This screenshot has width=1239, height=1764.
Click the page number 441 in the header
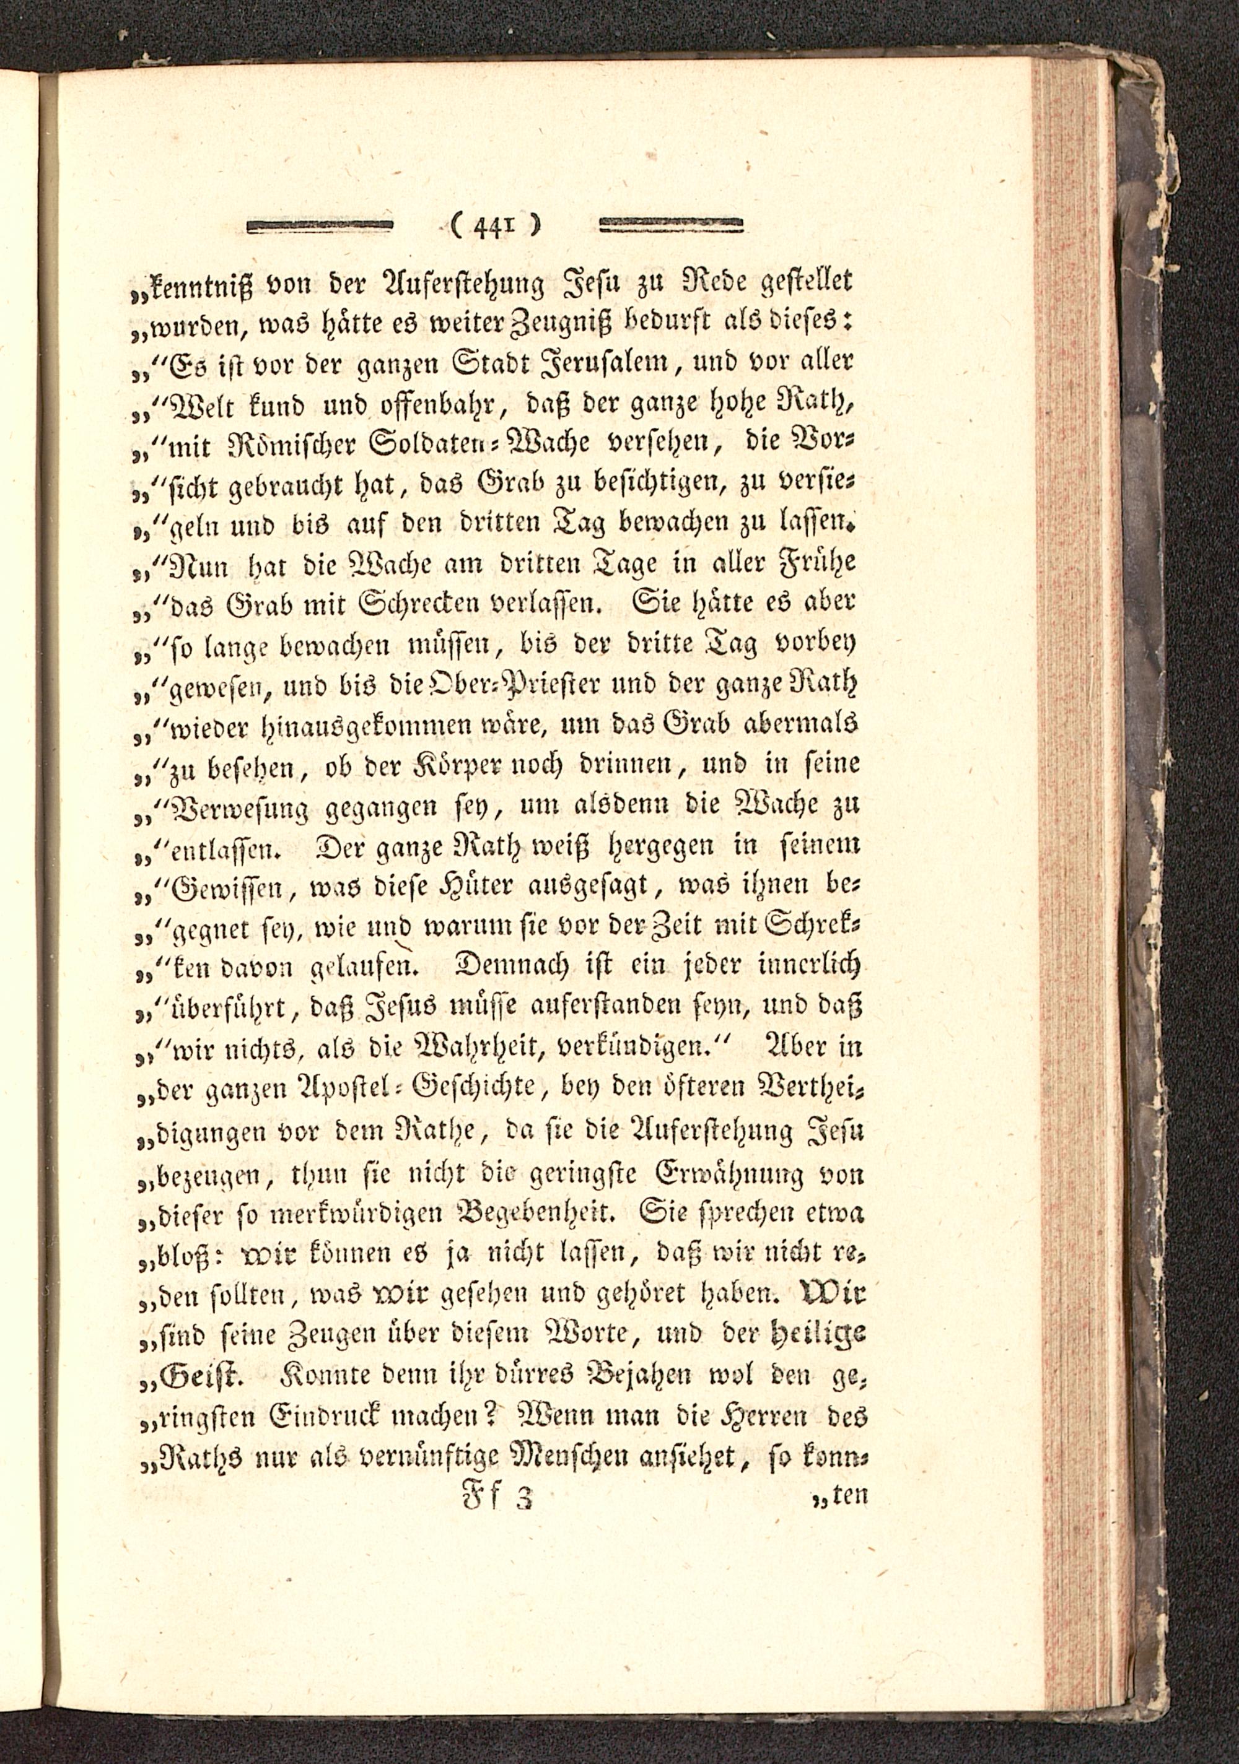[496, 227]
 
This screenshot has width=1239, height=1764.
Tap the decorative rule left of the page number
[320, 226]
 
